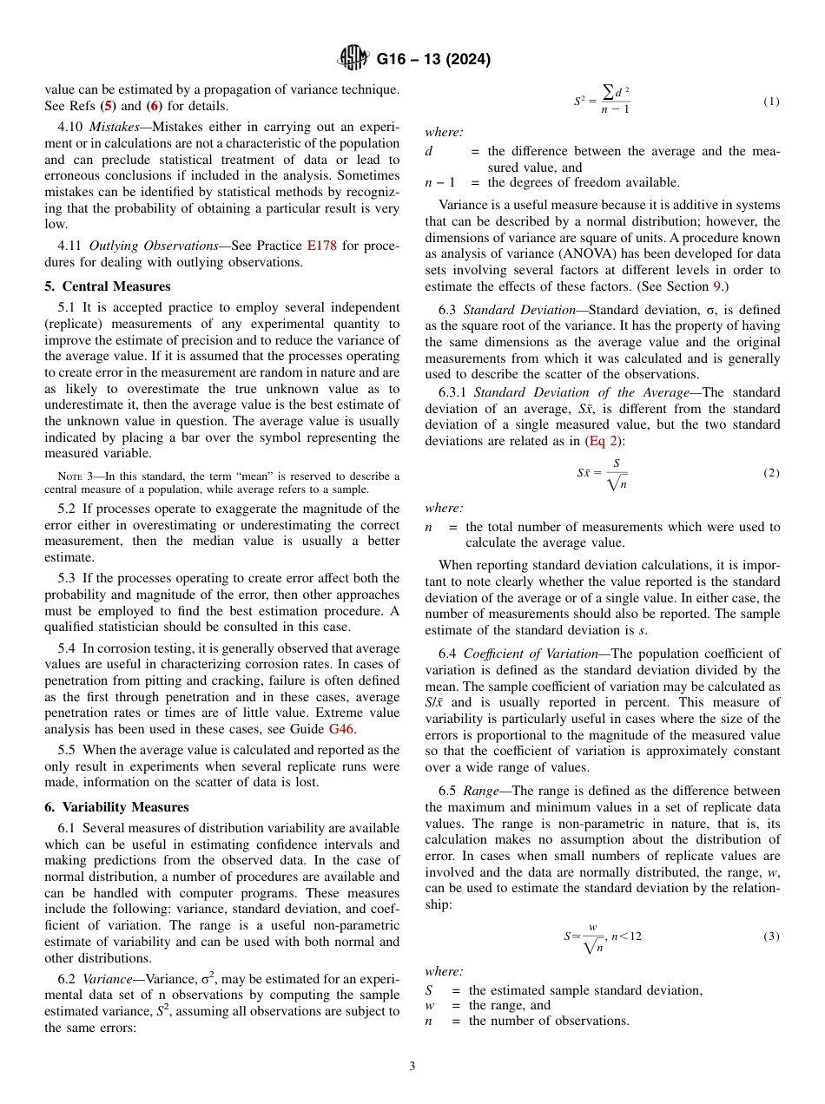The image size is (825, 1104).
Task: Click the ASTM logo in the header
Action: click(x=353, y=59)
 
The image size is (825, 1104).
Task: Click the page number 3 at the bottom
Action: click(x=412, y=1066)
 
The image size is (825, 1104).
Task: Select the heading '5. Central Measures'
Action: click(x=108, y=286)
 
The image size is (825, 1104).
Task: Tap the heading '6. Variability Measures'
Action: click(x=116, y=807)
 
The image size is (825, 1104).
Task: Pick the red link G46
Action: click(x=342, y=729)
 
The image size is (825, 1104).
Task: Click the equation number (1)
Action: click(x=771, y=102)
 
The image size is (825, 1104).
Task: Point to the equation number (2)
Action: click(x=771, y=473)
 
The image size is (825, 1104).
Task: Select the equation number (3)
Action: click(x=771, y=936)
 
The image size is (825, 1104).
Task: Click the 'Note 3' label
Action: click(x=69, y=476)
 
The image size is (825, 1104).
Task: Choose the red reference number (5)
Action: click(x=108, y=106)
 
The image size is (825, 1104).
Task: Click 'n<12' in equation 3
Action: click(x=626, y=936)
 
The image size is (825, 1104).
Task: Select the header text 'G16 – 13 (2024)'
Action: click(x=433, y=60)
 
